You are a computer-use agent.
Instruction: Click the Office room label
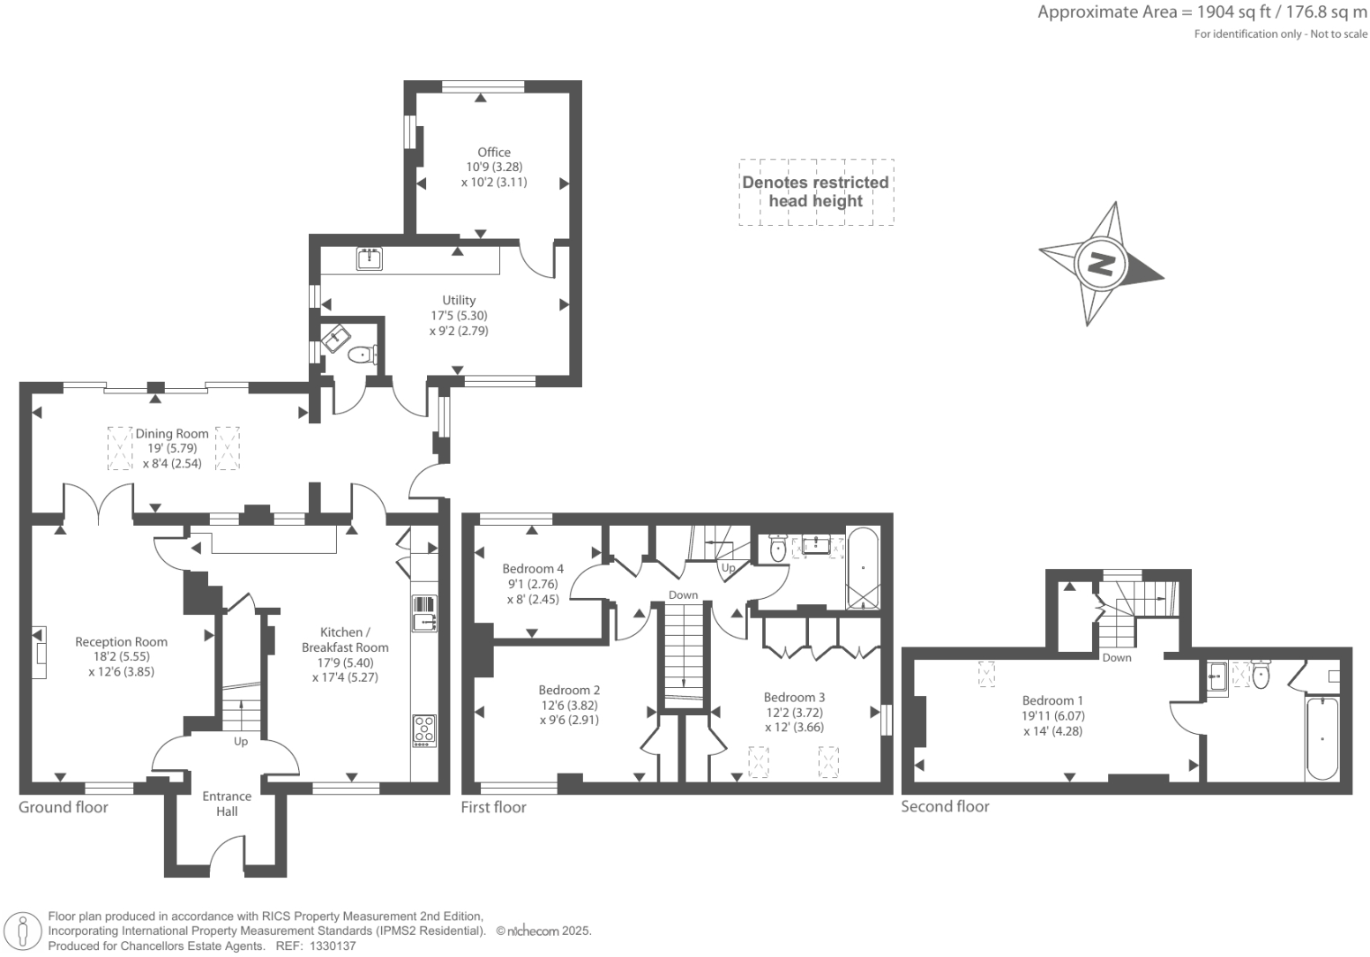pyautogui.click(x=494, y=153)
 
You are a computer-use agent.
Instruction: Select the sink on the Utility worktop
pyautogui.click(x=370, y=258)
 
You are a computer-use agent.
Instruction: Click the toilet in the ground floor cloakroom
pyautogui.click(x=362, y=355)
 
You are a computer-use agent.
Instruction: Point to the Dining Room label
pyautogui.click(x=172, y=434)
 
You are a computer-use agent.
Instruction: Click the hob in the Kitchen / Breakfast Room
pyautogui.click(x=424, y=730)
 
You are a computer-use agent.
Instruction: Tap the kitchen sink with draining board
pyautogui.click(x=424, y=613)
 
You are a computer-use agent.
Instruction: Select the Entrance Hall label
pyautogui.click(x=227, y=804)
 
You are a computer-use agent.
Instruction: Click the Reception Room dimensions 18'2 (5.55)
pyautogui.click(x=121, y=657)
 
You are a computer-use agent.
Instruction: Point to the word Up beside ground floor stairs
pyautogui.click(x=240, y=742)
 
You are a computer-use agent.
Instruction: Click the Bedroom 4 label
pyautogui.click(x=533, y=569)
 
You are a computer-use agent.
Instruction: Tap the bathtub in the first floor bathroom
pyautogui.click(x=863, y=569)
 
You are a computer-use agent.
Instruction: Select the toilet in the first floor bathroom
pyautogui.click(x=777, y=547)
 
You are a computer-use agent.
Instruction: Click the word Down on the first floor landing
pyautogui.click(x=683, y=595)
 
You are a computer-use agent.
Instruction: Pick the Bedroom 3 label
pyautogui.click(x=795, y=698)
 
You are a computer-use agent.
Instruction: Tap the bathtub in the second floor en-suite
pyautogui.click(x=1321, y=738)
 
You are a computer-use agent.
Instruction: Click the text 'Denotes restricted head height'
pyautogui.click(x=816, y=191)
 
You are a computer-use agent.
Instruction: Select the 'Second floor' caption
pyautogui.click(x=945, y=806)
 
